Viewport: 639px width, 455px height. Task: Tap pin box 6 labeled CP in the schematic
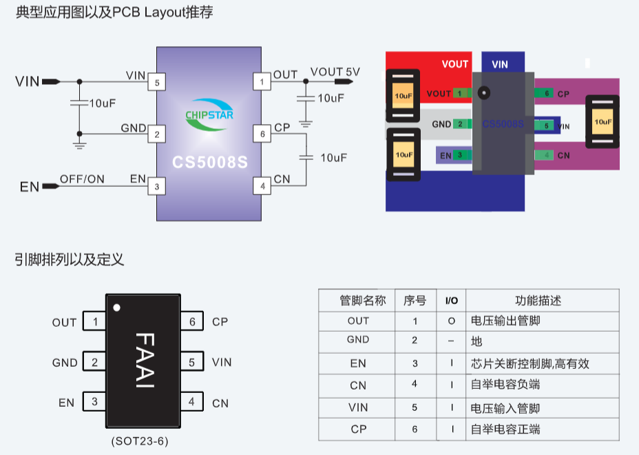pos(262,134)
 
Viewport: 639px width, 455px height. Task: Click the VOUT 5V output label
pos(335,72)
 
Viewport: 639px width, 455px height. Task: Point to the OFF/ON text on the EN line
pos(82,179)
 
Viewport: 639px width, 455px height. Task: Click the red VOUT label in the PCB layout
pos(454,64)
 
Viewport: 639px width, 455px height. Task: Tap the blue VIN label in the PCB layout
pos(500,64)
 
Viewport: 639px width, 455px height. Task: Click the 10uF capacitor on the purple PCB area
pos(602,121)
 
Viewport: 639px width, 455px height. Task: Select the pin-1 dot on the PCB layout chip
pos(483,92)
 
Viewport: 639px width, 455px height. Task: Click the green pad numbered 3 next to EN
pos(460,155)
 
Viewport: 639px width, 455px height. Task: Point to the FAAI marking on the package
pos(143,361)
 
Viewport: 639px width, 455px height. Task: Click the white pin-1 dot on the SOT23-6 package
pos(117,307)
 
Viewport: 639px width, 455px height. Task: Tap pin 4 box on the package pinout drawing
pos(191,402)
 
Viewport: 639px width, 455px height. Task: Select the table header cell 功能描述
pos(538,301)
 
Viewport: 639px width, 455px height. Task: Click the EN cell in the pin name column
pos(357,363)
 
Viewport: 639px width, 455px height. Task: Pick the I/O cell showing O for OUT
pos(451,321)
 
